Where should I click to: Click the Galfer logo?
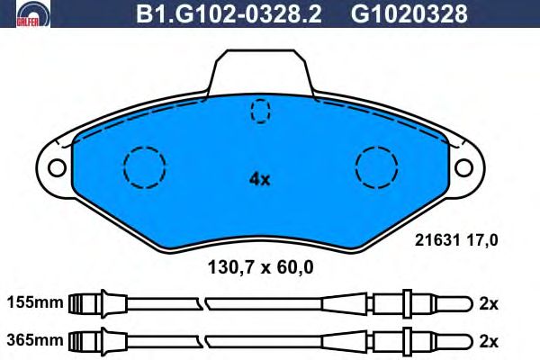(x=32, y=13)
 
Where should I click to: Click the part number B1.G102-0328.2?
(x=229, y=14)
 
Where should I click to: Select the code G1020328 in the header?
(x=409, y=14)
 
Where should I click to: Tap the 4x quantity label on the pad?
(x=260, y=179)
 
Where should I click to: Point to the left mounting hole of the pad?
(x=57, y=167)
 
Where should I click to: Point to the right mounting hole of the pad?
(x=463, y=167)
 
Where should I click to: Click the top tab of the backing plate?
(x=261, y=72)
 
